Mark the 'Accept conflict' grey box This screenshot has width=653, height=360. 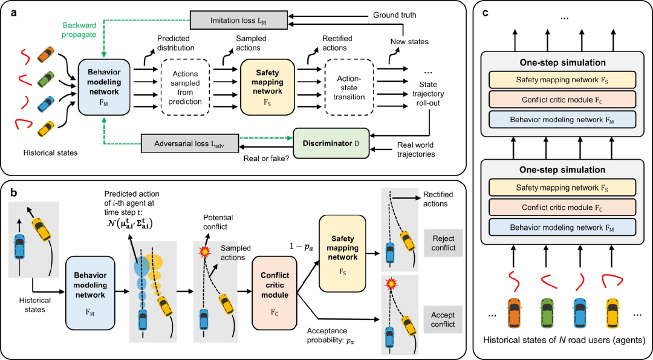coord(443,319)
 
